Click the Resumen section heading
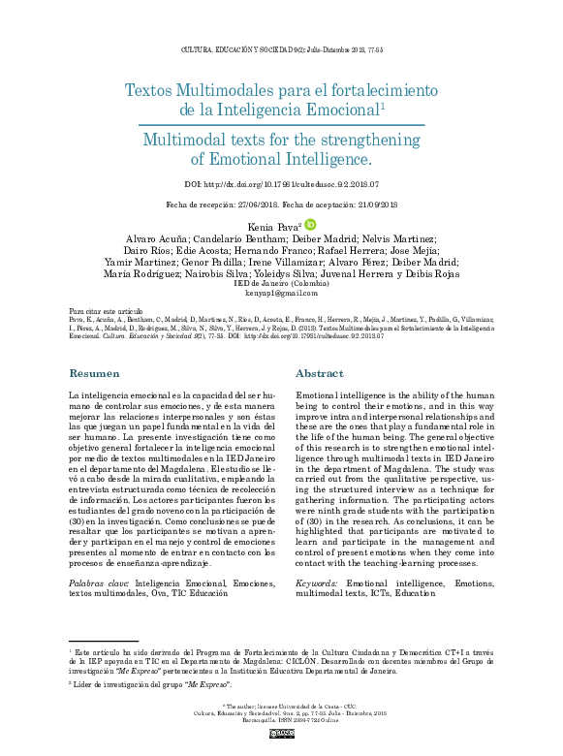click(x=94, y=373)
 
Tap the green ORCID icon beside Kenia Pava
click(x=310, y=224)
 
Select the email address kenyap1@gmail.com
click(x=281, y=292)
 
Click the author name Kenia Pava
click(x=274, y=226)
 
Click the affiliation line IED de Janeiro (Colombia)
click(x=281, y=282)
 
